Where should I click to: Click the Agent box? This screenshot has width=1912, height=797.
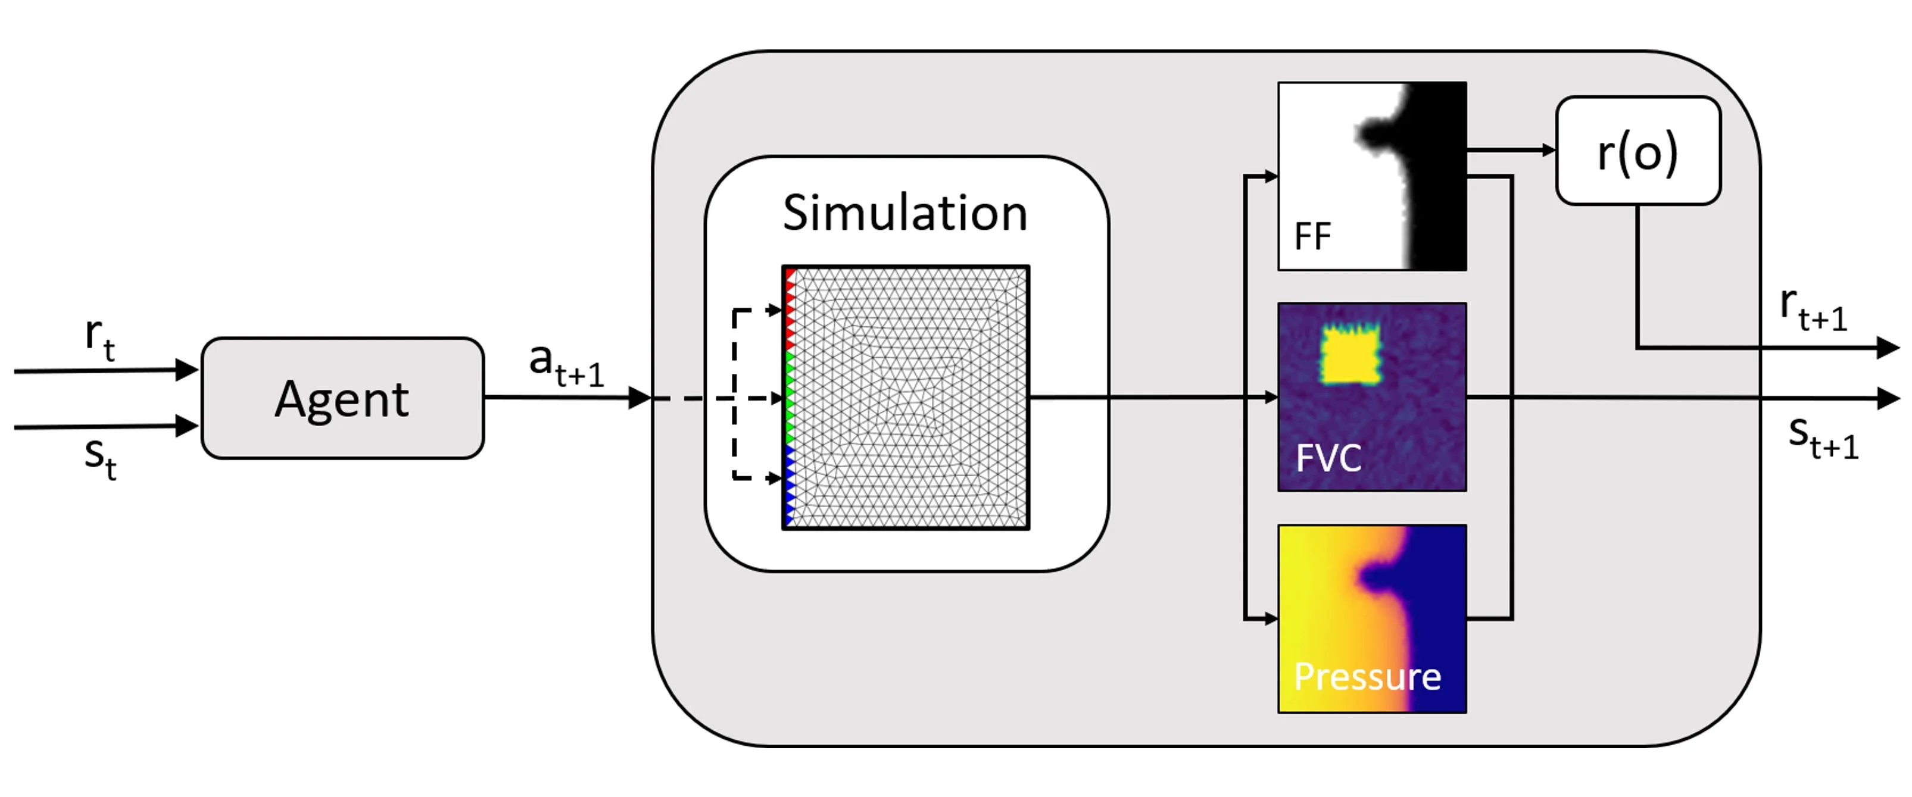342,399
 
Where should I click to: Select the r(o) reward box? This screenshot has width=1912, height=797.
1637,151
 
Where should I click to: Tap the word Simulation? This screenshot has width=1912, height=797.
904,213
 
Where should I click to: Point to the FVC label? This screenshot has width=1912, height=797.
1328,457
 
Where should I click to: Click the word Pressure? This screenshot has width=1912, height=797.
1367,676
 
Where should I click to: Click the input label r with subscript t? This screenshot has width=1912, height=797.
99,337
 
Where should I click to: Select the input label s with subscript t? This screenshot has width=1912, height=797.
99,457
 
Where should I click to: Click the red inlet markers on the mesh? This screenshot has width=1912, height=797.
790,308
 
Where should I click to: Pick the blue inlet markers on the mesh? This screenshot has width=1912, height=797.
790,482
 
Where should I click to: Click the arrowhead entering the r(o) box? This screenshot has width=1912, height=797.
1548,151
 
